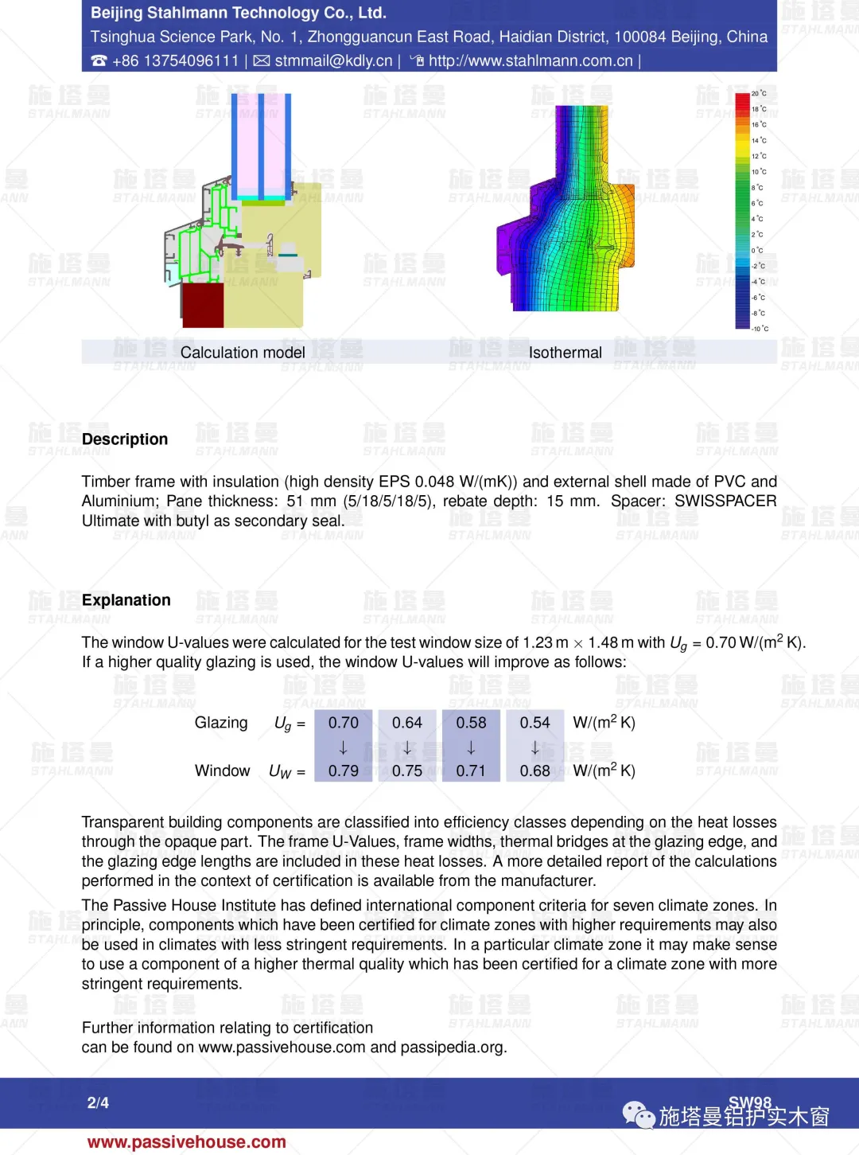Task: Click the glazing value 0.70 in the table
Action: pos(344,723)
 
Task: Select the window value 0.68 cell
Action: pos(535,771)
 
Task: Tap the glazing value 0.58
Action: pos(471,723)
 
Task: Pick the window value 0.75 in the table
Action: pos(407,771)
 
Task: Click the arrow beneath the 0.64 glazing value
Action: pos(407,747)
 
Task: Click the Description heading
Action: pos(125,439)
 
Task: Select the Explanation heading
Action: pos(126,600)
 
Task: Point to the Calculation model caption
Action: pos(243,353)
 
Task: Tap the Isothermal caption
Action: pos(566,353)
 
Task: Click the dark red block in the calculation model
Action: pos(203,305)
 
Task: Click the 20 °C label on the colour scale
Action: pos(759,94)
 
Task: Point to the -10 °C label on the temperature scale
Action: pos(760,329)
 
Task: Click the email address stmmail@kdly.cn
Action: pos(333,61)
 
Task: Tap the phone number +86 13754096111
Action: pos(175,61)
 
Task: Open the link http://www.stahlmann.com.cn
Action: pos(531,61)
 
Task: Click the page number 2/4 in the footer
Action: pos(98,1102)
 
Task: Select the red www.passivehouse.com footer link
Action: pos(187,1142)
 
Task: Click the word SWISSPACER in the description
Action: pos(725,501)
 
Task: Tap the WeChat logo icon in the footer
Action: pos(639,1114)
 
